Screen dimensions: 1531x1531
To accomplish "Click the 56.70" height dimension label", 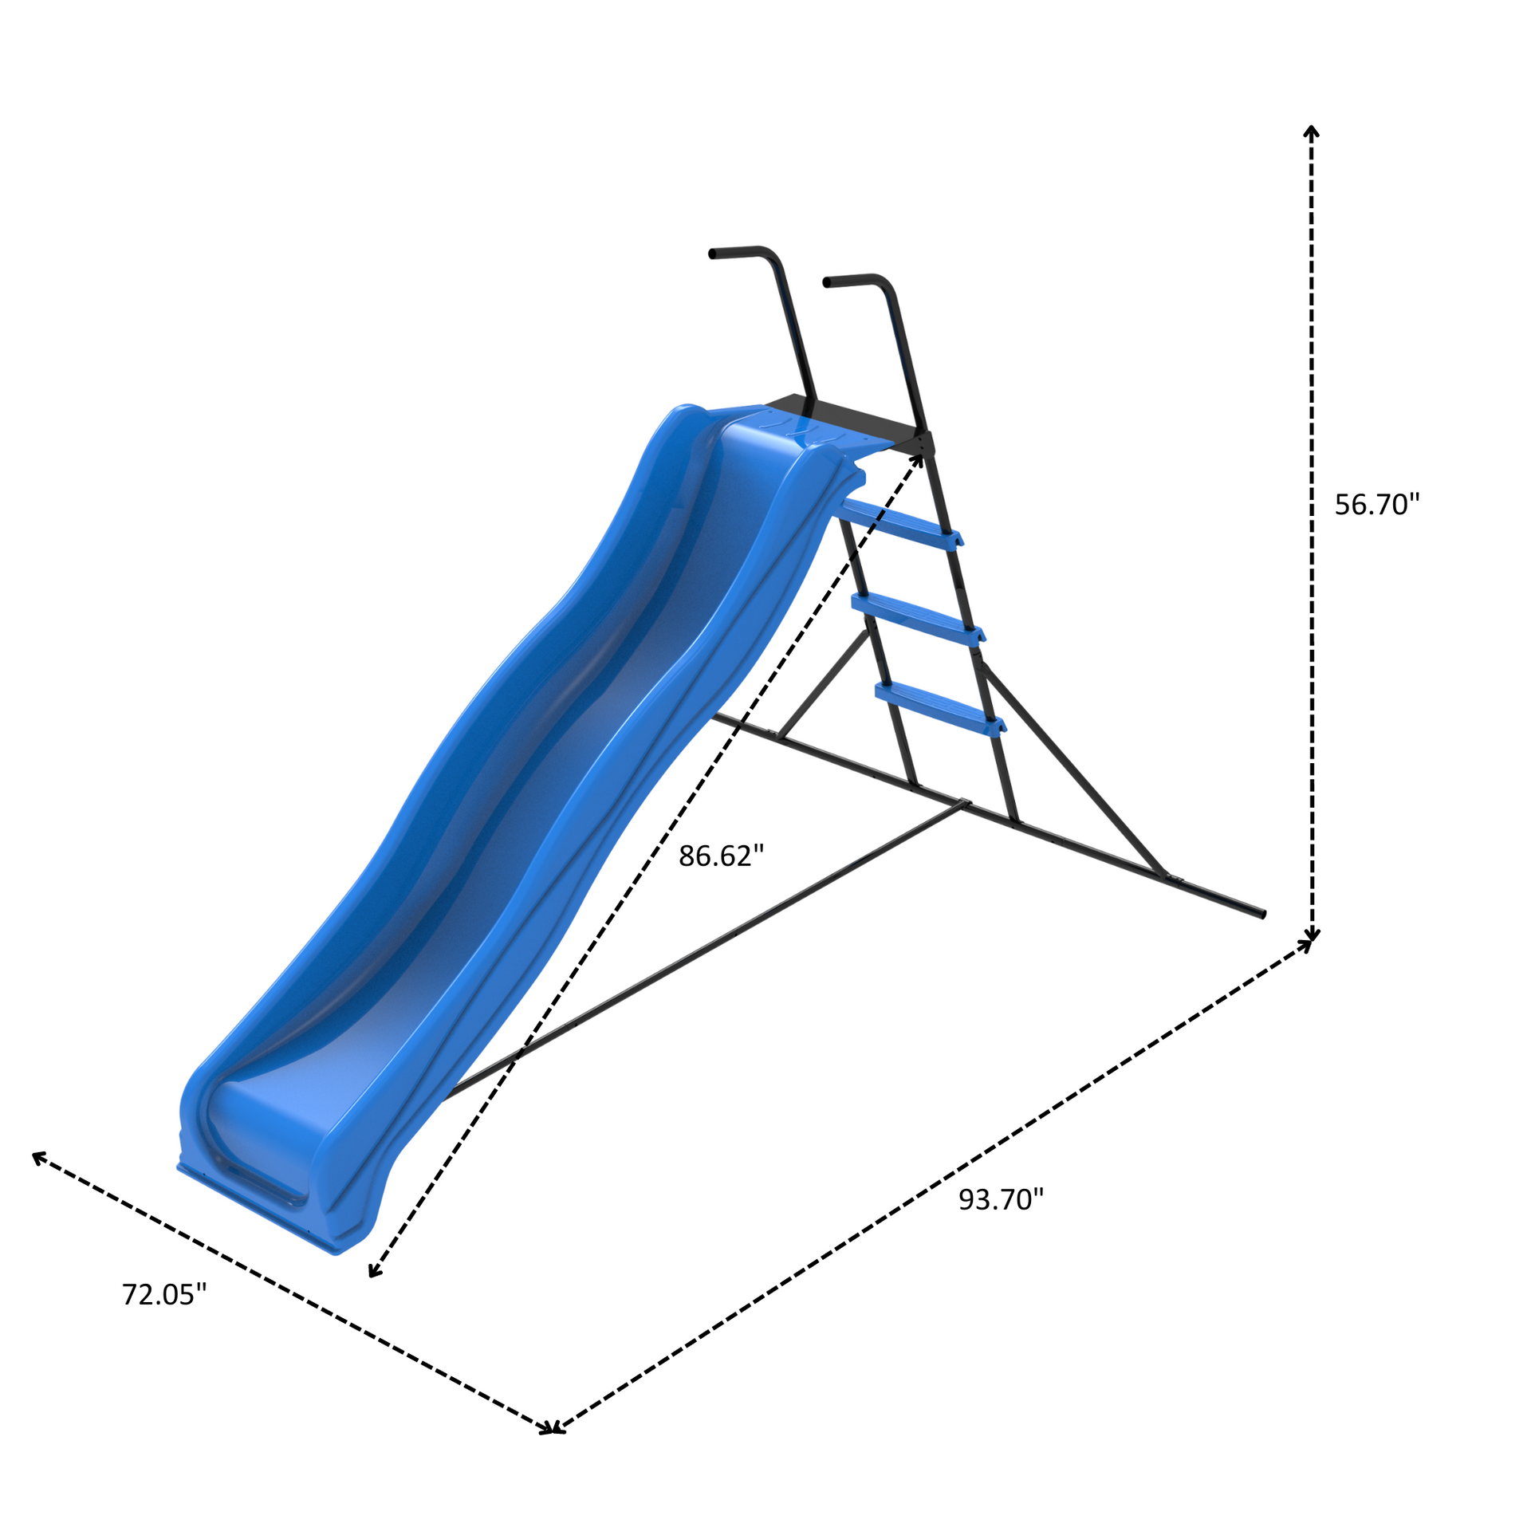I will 1377,505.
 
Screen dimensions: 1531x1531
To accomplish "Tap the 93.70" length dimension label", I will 1000,1199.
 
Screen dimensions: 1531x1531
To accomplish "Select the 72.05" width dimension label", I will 163,1294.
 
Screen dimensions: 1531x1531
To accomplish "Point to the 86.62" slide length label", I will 721,856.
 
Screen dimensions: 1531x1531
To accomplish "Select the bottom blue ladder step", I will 939,706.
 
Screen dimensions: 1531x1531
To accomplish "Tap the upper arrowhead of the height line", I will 1311,131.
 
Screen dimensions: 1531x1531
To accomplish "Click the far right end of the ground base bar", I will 1262,915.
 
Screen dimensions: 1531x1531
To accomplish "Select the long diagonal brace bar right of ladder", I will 1072,769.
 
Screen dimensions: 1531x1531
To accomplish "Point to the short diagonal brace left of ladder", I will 824,684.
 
